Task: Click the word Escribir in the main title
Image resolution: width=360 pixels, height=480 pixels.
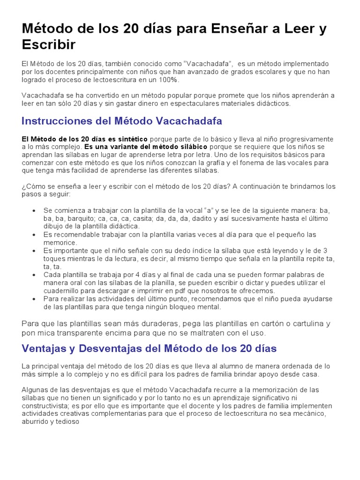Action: click(x=48, y=45)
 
